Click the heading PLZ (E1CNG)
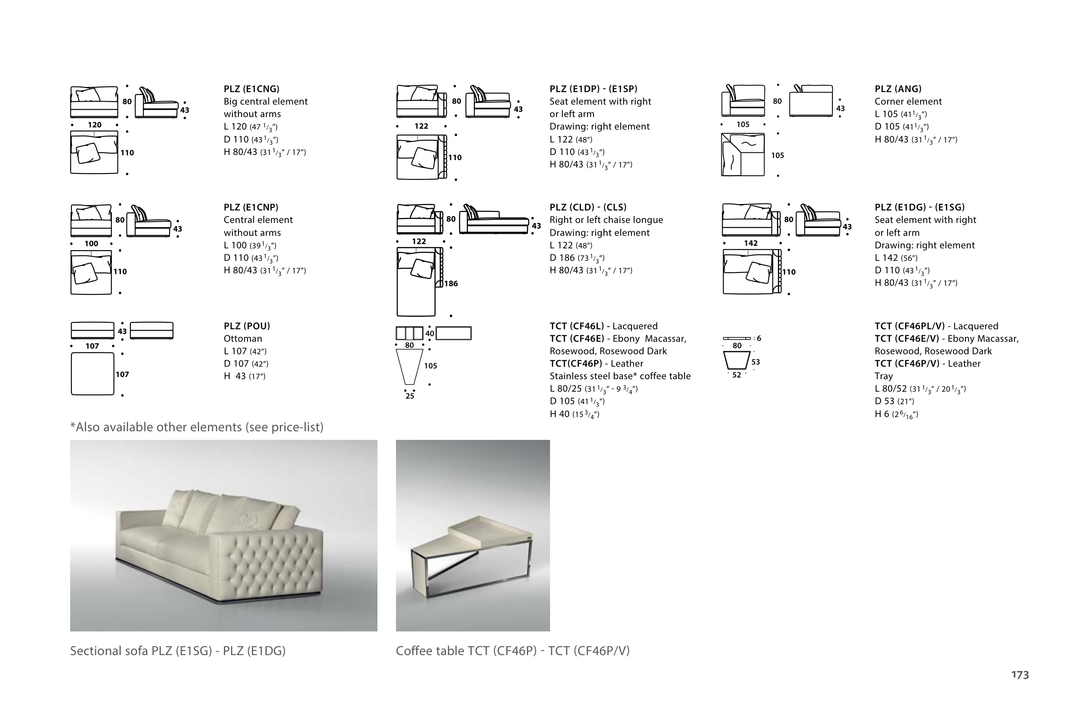pos(251,89)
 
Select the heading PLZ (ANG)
pos(898,89)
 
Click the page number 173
pos(1020,675)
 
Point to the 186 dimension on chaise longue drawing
pos(451,283)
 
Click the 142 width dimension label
pos(751,243)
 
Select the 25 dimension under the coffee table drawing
pos(410,396)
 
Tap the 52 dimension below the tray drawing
pos(736,375)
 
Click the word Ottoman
pos(243,339)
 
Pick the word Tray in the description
pos(884,376)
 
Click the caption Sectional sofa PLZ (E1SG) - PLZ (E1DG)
pos(178,651)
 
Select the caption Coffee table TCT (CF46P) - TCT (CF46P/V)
pos(513,651)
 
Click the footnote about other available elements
pos(197,427)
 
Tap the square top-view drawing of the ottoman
pos(92,374)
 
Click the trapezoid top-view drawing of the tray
pos(736,361)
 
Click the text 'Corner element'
pos(908,102)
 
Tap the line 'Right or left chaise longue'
pos(606,220)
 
